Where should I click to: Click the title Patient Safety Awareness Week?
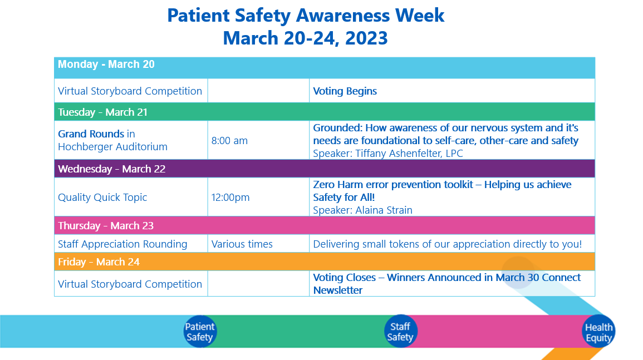click(x=306, y=16)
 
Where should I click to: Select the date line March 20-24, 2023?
click(x=306, y=38)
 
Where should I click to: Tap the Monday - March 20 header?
click(x=106, y=65)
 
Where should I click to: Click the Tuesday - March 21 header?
click(x=103, y=112)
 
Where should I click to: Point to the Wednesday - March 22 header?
click(x=112, y=169)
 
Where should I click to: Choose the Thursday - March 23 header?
click(x=106, y=226)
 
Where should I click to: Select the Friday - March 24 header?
click(x=99, y=262)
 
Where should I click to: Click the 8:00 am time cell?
click(x=229, y=141)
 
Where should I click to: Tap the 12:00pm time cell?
click(x=230, y=198)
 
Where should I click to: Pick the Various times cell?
click(x=242, y=244)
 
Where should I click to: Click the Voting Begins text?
click(x=345, y=91)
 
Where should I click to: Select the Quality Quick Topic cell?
click(x=102, y=198)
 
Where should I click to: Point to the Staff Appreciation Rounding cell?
click(x=122, y=244)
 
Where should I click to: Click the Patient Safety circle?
click(x=199, y=332)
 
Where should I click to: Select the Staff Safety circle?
click(x=400, y=332)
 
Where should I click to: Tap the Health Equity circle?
click(x=598, y=332)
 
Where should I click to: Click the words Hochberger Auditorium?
click(x=112, y=147)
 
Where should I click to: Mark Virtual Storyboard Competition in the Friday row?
click(x=130, y=284)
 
